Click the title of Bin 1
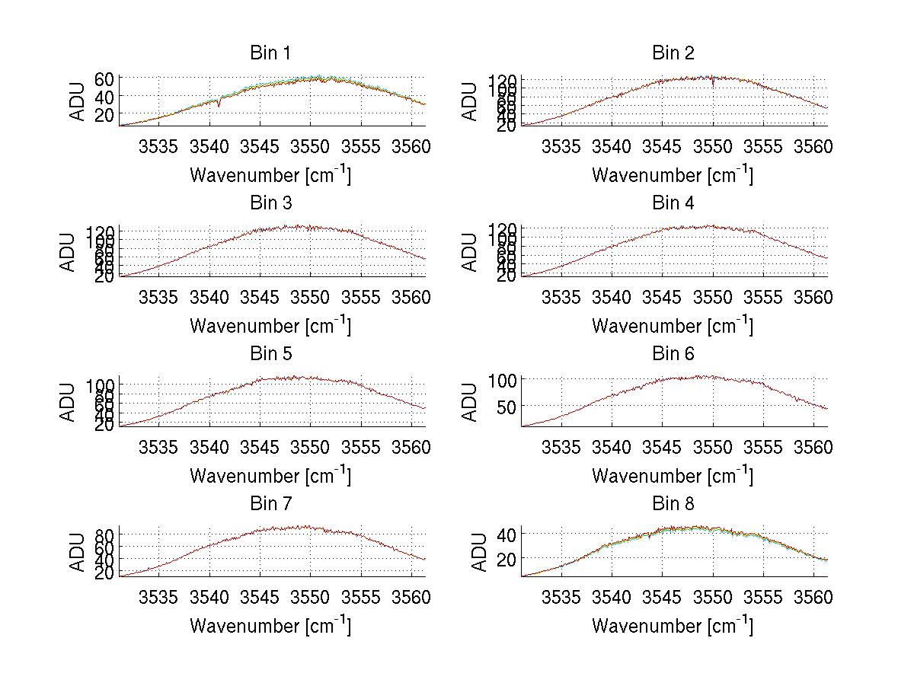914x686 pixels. click(x=270, y=53)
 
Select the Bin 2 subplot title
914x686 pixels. click(x=673, y=53)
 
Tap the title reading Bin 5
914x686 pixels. click(x=270, y=354)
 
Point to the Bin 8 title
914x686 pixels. click(x=673, y=504)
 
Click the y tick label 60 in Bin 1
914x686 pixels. click(x=104, y=79)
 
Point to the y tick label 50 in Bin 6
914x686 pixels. click(x=507, y=407)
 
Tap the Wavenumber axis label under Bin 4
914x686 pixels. click(x=673, y=325)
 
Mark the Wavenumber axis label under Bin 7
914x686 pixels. click(x=270, y=626)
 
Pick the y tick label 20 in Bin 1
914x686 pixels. click(x=104, y=114)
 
